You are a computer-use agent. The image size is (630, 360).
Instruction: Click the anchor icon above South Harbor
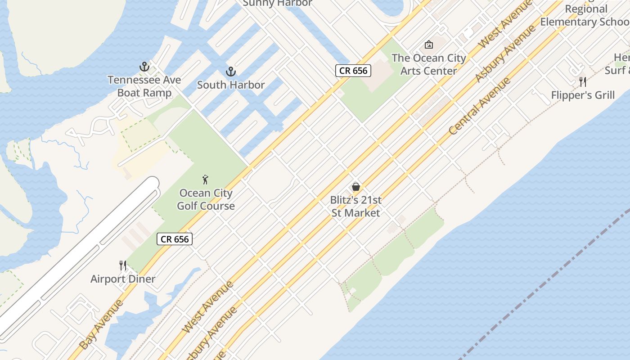pyautogui.click(x=230, y=72)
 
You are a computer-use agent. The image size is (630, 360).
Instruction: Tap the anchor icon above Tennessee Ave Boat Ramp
pyautogui.click(x=144, y=67)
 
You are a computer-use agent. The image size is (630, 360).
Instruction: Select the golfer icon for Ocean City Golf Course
pyautogui.click(x=206, y=180)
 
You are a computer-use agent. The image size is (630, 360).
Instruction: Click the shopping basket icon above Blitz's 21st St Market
pyautogui.click(x=356, y=186)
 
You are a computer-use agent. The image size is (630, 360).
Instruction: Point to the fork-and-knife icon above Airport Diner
pyautogui.click(x=123, y=265)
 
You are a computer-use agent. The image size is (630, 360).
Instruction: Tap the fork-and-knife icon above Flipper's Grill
pyautogui.click(x=583, y=81)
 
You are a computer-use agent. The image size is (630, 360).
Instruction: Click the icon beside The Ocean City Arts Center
pyautogui.click(x=429, y=45)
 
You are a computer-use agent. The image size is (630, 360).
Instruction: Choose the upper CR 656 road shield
pyautogui.click(x=353, y=71)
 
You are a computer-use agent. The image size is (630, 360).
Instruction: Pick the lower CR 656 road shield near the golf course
pyautogui.click(x=175, y=239)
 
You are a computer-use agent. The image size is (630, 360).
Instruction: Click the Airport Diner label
pyautogui.click(x=123, y=279)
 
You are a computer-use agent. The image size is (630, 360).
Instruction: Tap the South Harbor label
pyautogui.click(x=231, y=85)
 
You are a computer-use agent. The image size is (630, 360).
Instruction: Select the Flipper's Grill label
pyautogui.click(x=583, y=95)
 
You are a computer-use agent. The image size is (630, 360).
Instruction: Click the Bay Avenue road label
pyautogui.click(x=101, y=324)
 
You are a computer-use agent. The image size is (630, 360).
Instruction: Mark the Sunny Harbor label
pyautogui.click(x=277, y=3)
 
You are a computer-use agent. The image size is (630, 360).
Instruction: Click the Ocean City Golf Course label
pyautogui.click(x=206, y=199)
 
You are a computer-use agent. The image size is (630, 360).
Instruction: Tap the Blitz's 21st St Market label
pyautogui.click(x=356, y=206)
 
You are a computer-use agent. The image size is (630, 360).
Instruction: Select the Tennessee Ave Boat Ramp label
pyautogui.click(x=144, y=86)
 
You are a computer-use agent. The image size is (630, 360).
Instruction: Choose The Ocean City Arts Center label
pyautogui.click(x=428, y=64)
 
